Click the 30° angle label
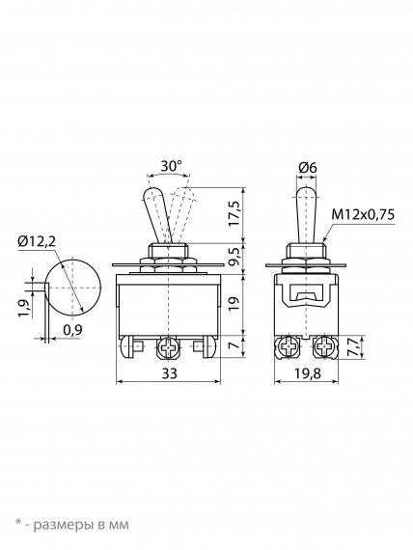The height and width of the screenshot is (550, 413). coord(172,166)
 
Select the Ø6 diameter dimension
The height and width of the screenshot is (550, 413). coord(308,168)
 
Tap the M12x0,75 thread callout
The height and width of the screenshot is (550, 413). coord(363,214)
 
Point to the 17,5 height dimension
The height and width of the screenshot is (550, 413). coord(234,213)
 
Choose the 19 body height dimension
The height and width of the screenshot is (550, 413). coord(234,303)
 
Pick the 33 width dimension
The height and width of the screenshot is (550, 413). coord(170,373)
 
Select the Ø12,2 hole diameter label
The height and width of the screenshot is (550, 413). coord(37,241)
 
